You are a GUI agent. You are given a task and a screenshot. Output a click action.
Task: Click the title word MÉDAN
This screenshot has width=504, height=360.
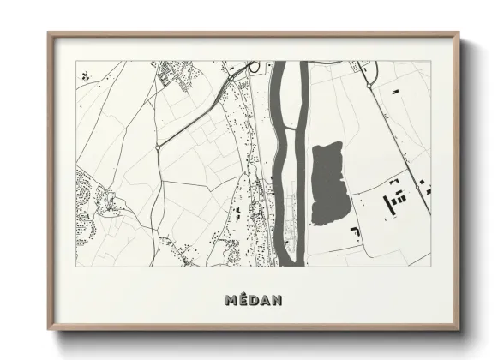pos(252,300)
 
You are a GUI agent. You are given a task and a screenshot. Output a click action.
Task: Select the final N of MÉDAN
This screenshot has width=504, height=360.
pos(275,300)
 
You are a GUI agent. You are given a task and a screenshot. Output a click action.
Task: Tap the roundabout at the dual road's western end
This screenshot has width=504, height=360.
pos(159,147)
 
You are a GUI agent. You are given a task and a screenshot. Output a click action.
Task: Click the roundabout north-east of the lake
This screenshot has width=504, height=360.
pos(369,85)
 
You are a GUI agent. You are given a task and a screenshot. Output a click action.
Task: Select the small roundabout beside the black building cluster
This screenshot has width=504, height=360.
pos(419,184)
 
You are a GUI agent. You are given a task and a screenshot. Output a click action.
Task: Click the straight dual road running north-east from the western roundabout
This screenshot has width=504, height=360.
pos(193,115)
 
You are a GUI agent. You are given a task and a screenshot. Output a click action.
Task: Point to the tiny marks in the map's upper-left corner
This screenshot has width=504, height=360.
pos(84,74)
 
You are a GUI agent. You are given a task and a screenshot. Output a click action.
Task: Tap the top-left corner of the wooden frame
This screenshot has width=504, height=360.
pos(48,33)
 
